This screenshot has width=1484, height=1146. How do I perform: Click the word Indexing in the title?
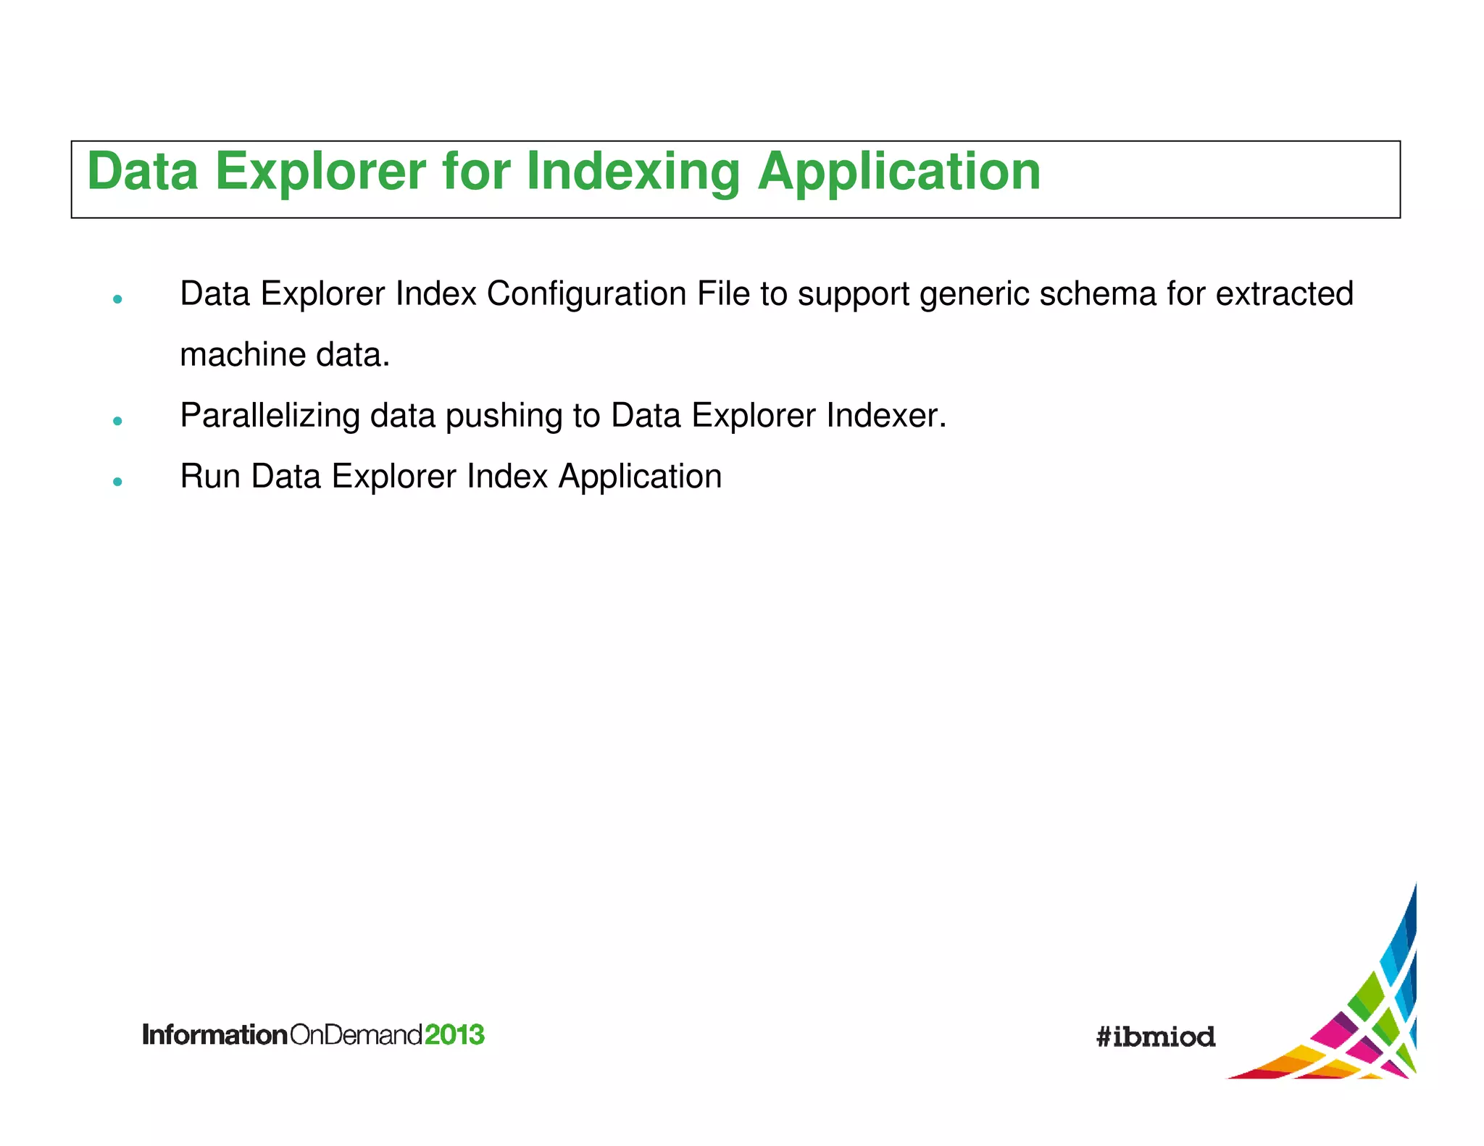633,172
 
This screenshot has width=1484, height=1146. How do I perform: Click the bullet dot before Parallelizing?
117,421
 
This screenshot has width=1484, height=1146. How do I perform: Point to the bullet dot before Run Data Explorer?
117,482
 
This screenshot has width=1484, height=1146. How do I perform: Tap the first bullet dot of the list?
117,299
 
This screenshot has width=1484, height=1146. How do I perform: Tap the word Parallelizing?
270,416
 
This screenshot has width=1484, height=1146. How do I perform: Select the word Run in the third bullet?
209,477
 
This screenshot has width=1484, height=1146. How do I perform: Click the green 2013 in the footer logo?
454,1034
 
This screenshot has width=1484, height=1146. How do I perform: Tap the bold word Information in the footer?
215,1034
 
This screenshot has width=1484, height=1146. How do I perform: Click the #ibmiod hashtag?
1155,1037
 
